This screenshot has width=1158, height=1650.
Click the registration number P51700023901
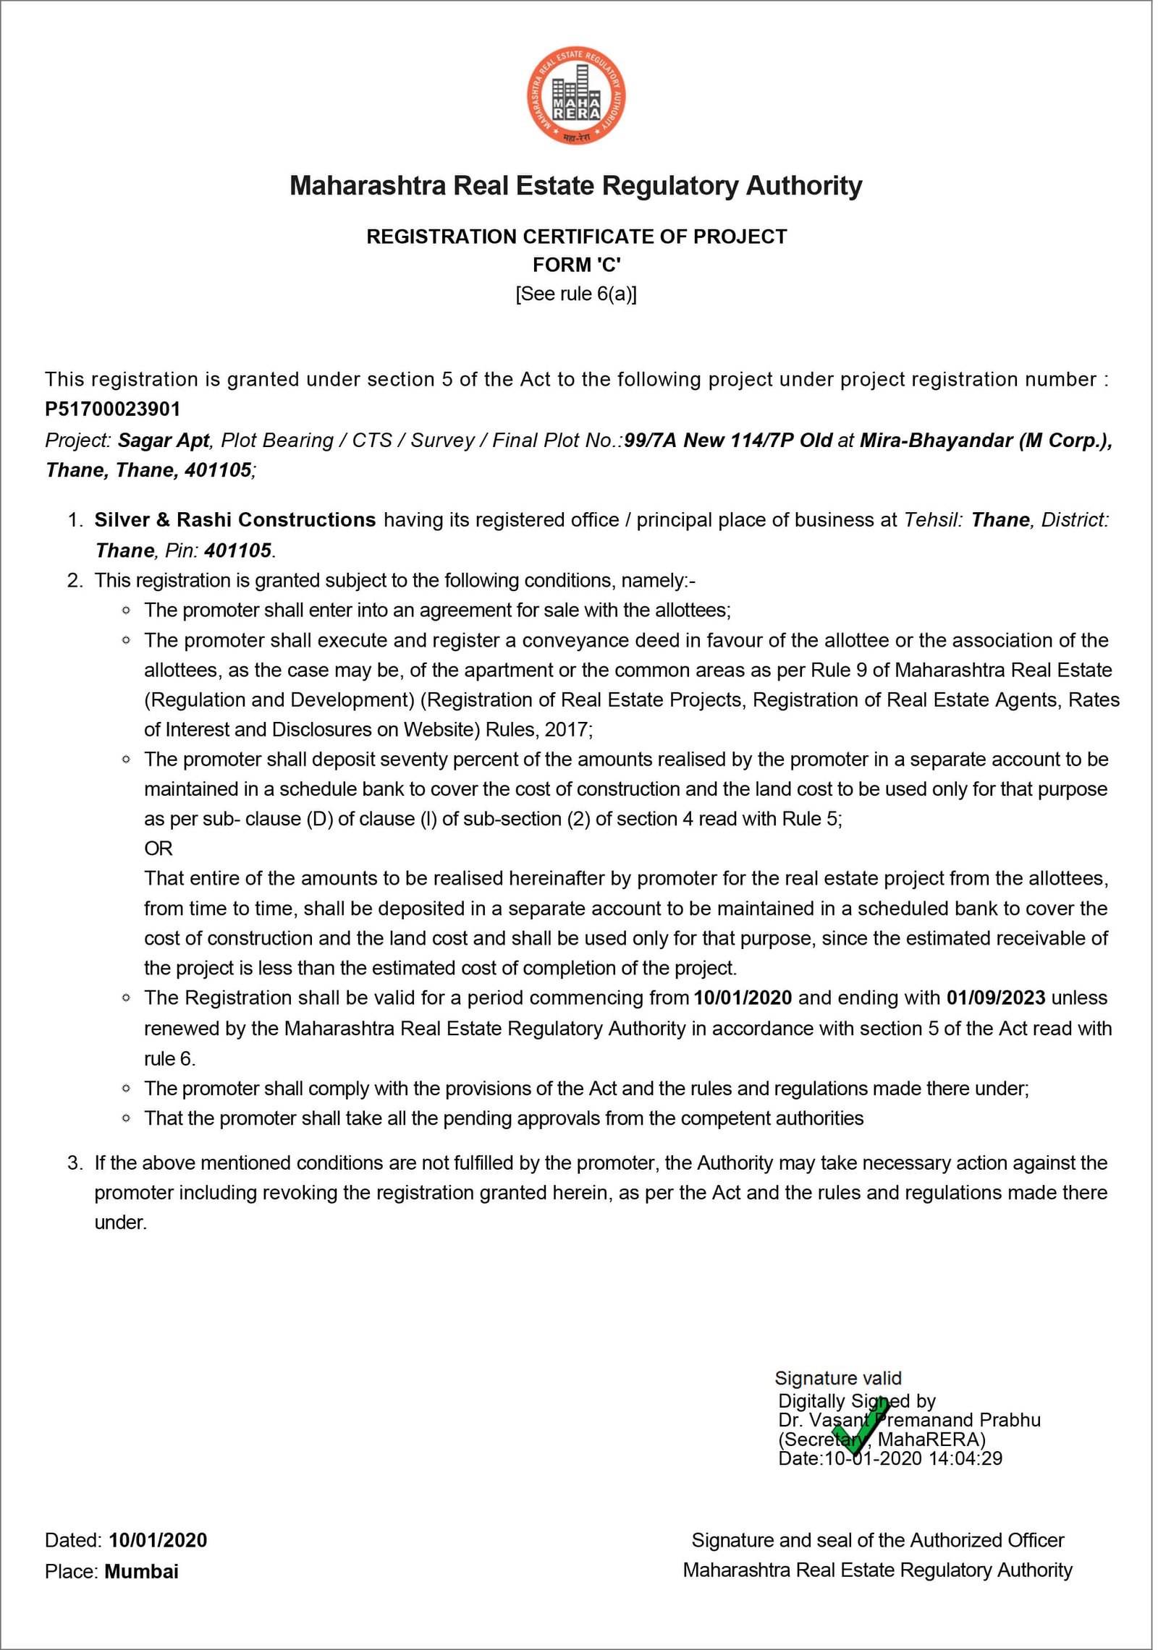coord(113,409)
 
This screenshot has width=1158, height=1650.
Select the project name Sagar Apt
coord(164,441)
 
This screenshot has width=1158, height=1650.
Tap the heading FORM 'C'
coord(576,265)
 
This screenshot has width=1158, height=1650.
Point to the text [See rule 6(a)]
coord(576,294)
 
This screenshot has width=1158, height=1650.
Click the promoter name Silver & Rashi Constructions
coord(235,520)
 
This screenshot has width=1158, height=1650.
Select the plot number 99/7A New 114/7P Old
coord(728,441)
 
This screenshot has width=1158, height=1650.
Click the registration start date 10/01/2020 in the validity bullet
coord(743,998)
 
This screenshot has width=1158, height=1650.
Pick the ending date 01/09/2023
coord(996,998)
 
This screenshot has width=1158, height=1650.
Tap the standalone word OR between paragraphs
coord(159,849)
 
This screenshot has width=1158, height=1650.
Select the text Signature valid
coord(838,1379)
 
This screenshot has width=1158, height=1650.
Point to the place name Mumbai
coord(142,1571)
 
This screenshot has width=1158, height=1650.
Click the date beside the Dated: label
coord(158,1540)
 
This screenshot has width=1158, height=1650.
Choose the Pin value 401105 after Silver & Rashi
coord(238,551)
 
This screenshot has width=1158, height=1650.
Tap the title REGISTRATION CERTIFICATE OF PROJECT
coord(576,237)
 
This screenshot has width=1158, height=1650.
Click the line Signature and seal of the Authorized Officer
coord(877,1540)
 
